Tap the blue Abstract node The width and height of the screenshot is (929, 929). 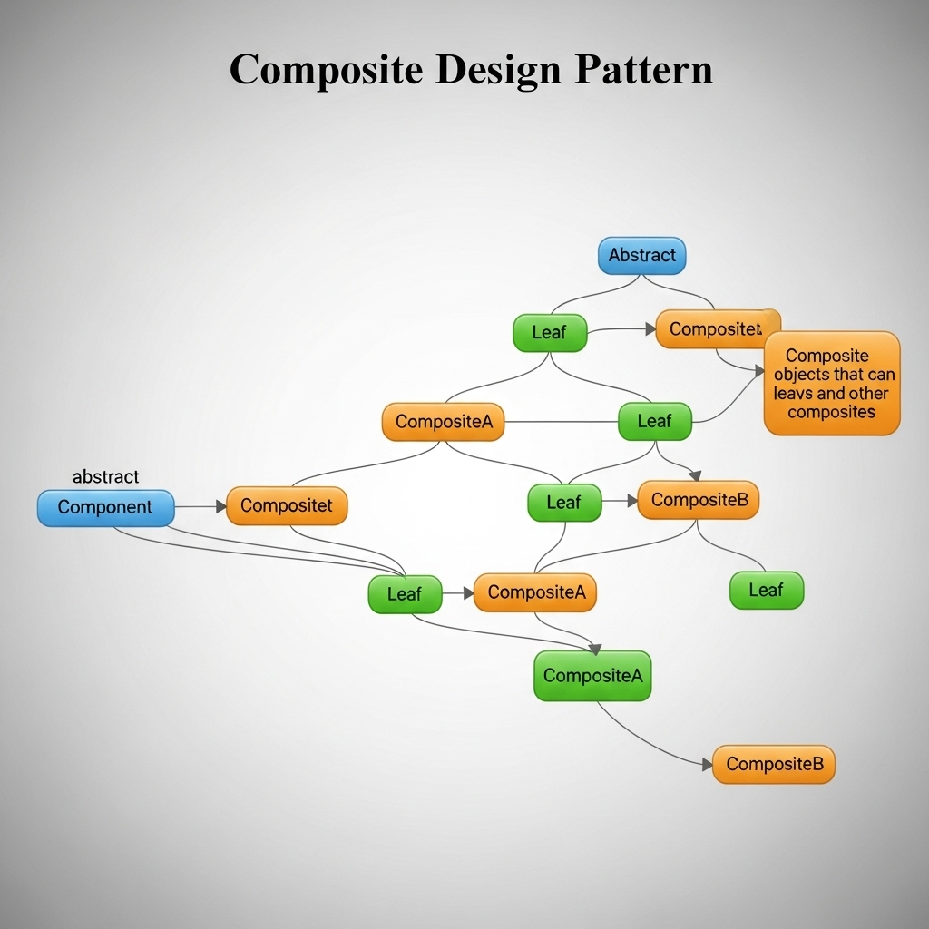[641, 256]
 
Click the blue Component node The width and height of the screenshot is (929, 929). [105, 507]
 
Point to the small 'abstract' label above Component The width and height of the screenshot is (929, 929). [105, 477]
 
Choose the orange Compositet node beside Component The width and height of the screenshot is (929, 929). [287, 506]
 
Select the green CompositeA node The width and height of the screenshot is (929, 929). [592, 676]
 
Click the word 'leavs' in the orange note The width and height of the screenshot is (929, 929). [793, 394]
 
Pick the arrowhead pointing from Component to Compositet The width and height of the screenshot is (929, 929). [221, 506]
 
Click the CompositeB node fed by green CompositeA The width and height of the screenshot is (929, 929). [773, 764]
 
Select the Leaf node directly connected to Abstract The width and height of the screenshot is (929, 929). [550, 333]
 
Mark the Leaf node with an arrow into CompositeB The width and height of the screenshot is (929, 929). [564, 502]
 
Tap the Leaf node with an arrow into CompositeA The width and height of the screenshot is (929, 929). [405, 594]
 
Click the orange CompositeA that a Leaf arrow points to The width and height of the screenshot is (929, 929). [535, 592]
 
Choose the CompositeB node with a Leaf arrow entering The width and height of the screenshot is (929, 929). [698, 500]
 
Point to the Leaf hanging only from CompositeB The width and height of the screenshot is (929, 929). [766, 591]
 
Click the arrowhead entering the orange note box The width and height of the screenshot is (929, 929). [760, 371]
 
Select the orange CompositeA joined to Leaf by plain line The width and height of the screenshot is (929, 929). [443, 422]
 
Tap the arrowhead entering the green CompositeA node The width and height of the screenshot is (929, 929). [595, 649]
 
